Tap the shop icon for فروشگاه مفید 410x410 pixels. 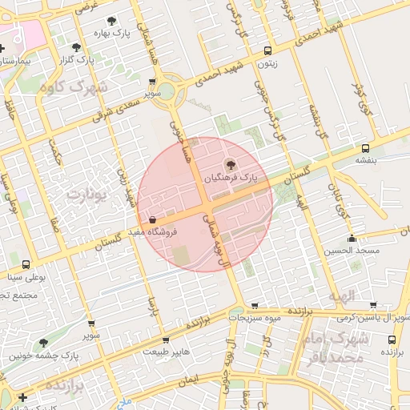tap(152, 219)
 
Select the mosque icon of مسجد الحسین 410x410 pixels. tap(352, 238)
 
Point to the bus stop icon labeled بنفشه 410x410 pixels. tap(365, 148)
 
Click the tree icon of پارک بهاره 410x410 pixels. tap(111, 21)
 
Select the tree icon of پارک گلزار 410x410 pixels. tap(76, 47)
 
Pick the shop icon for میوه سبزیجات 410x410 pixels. tap(255, 305)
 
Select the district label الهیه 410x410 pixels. tap(336, 295)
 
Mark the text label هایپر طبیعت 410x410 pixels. tap(165, 352)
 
